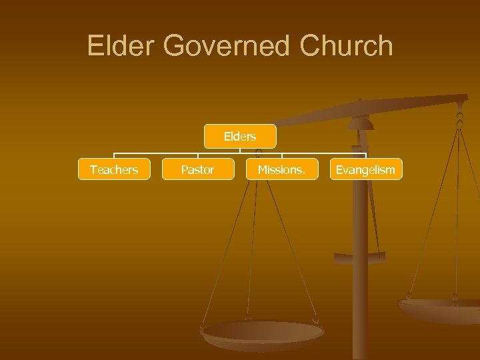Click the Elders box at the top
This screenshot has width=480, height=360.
[x=240, y=137]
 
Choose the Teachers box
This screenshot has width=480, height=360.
[x=114, y=170]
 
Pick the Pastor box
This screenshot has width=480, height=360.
[x=197, y=170]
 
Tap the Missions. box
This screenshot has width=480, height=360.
[x=282, y=170]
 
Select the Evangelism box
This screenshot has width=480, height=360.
[x=365, y=170]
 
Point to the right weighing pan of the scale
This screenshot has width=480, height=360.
[x=440, y=308]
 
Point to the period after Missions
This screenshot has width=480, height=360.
[x=304, y=173]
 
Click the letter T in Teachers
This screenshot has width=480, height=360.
[x=93, y=170]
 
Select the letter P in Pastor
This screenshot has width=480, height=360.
[x=184, y=170]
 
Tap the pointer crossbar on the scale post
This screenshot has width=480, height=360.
[x=360, y=255]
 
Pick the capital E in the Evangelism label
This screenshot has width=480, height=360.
[x=339, y=170]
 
